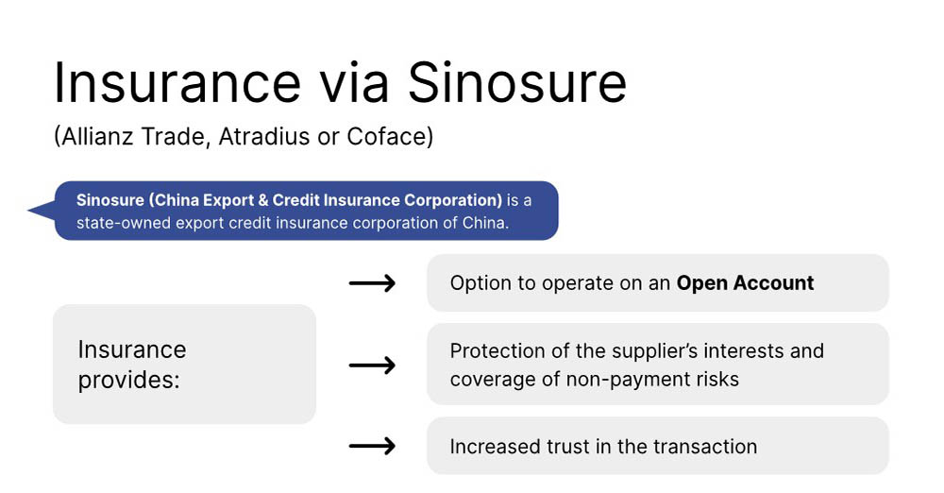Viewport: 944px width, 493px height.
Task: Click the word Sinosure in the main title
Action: (x=517, y=82)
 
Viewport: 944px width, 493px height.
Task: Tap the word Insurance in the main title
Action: (x=177, y=82)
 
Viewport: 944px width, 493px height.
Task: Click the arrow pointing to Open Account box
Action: (x=372, y=282)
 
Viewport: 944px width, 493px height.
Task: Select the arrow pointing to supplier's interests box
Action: (x=372, y=365)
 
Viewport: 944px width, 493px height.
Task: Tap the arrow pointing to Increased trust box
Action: (x=372, y=446)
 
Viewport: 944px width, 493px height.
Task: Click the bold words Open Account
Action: (x=746, y=282)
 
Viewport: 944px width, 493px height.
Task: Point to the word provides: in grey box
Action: (x=128, y=381)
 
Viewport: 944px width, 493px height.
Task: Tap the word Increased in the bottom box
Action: (x=496, y=447)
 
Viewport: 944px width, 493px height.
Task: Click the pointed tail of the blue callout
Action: (x=28, y=211)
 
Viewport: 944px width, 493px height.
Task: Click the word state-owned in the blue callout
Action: (x=123, y=223)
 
